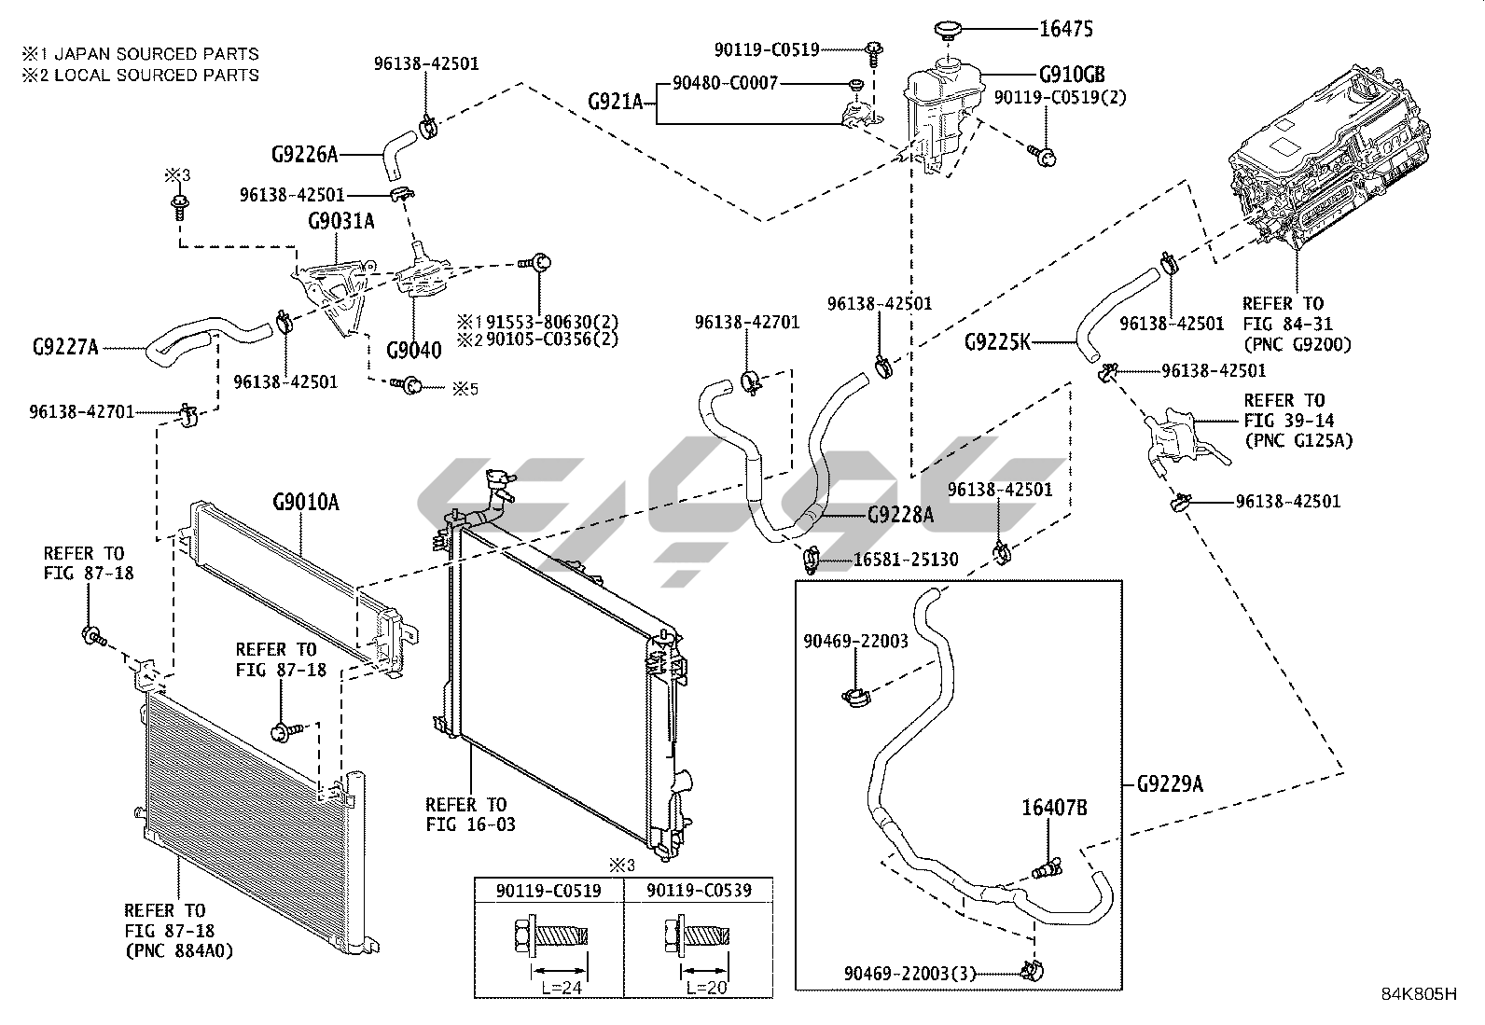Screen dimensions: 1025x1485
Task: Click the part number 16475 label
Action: tap(1066, 29)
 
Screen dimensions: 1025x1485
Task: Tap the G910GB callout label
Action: tap(1072, 76)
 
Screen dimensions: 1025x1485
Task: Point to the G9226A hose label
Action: tap(305, 154)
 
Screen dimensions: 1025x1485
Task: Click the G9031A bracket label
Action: tap(340, 221)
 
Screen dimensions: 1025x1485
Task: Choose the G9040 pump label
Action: tap(413, 351)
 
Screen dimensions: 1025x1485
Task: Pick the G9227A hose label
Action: tap(65, 348)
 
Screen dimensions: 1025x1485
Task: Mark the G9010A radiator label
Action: tap(305, 504)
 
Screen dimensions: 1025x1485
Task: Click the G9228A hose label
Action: tap(900, 514)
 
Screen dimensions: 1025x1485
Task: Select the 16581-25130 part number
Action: tap(905, 561)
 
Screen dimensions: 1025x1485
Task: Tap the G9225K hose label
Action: tap(997, 341)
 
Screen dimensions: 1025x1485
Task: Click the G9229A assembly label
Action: tap(1170, 784)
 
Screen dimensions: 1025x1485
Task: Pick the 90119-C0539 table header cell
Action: tap(698, 892)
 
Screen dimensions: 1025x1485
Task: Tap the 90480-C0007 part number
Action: tap(725, 84)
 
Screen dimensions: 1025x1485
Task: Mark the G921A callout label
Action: tap(616, 101)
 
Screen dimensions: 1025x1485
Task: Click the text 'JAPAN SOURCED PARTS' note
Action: tap(155, 54)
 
